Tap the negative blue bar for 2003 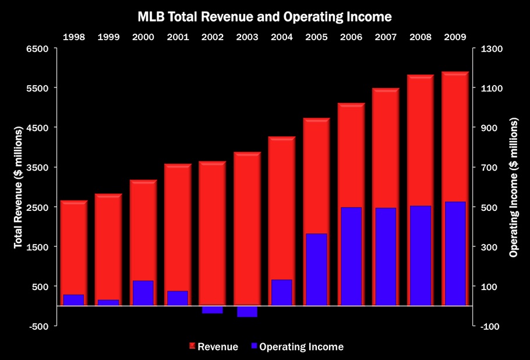pos(247,311)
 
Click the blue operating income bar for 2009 pos(455,253)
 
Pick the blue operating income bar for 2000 pos(143,293)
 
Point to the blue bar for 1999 pos(108,302)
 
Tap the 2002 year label pos(213,37)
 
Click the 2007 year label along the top pos(386,37)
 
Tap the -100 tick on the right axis pos(490,326)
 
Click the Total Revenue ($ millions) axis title pos(18,188)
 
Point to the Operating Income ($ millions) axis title pos(514,188)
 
